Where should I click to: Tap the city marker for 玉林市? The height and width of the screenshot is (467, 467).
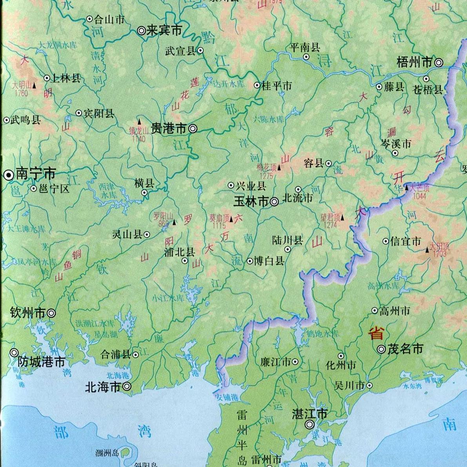pyautogui.click(x=274, y=202)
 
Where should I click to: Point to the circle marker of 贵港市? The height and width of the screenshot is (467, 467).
pyautogui.click(x=193, y=128)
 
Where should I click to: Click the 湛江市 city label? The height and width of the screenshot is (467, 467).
pyautogui.click(x=310, y=414)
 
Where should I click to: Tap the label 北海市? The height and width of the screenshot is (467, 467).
pyautogui.click(x=103, y=387)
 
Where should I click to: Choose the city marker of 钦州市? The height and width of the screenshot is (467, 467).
pyautogui.click(x=51, y=313)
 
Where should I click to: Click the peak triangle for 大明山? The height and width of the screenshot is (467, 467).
pyautogui.click(x=35, y=85)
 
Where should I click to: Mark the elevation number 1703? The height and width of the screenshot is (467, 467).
pyautogui.click(x=440, y=254)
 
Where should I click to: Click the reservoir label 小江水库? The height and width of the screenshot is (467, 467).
pyautogui.click(x=168, y=298)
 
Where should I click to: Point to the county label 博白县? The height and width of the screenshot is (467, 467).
pyautogui.click(x=269, y=261)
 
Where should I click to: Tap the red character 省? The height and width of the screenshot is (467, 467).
pyautogui.click(x=375, y=333)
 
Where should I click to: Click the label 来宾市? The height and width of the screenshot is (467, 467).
pyautogui.click(x=164, y=30)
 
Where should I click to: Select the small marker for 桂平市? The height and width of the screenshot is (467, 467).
pyautogui.click(x=257, y=85)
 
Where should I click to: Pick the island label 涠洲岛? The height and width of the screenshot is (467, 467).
pyautogui.click(x=107, y=453)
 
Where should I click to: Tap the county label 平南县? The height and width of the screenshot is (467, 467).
pyautogui.click(x=305, y=48)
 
